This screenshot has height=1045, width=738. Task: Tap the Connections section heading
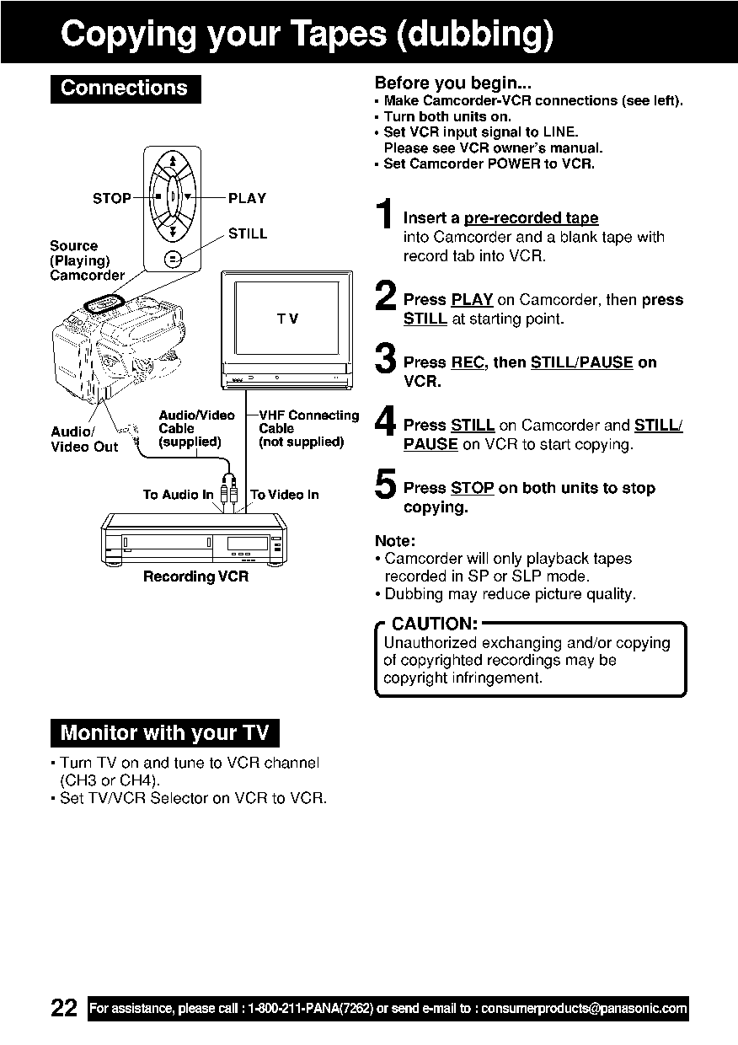[x=125, y=88]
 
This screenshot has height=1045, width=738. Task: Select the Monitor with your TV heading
[x=164, y=733]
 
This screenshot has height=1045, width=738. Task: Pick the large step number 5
[x=384, y=485]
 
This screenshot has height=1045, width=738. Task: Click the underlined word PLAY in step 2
[x=472, y=300]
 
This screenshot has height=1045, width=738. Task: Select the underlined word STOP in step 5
[x=472, y=488]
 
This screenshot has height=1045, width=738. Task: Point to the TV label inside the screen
[x=286, y=319]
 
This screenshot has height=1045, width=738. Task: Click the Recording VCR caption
[x=195, y=577]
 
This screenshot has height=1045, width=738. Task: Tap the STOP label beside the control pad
[x=111, y=199]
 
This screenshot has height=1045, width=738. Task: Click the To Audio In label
[x=178, y=495]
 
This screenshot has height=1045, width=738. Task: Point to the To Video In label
[x=285, y=495]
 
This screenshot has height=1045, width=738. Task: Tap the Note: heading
[x=395, y=540]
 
